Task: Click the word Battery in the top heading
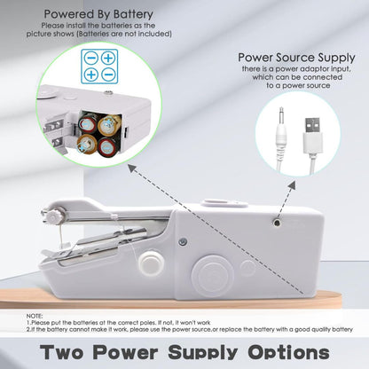click(x=125, y=15)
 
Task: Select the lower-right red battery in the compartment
click(x=106, y=145)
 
